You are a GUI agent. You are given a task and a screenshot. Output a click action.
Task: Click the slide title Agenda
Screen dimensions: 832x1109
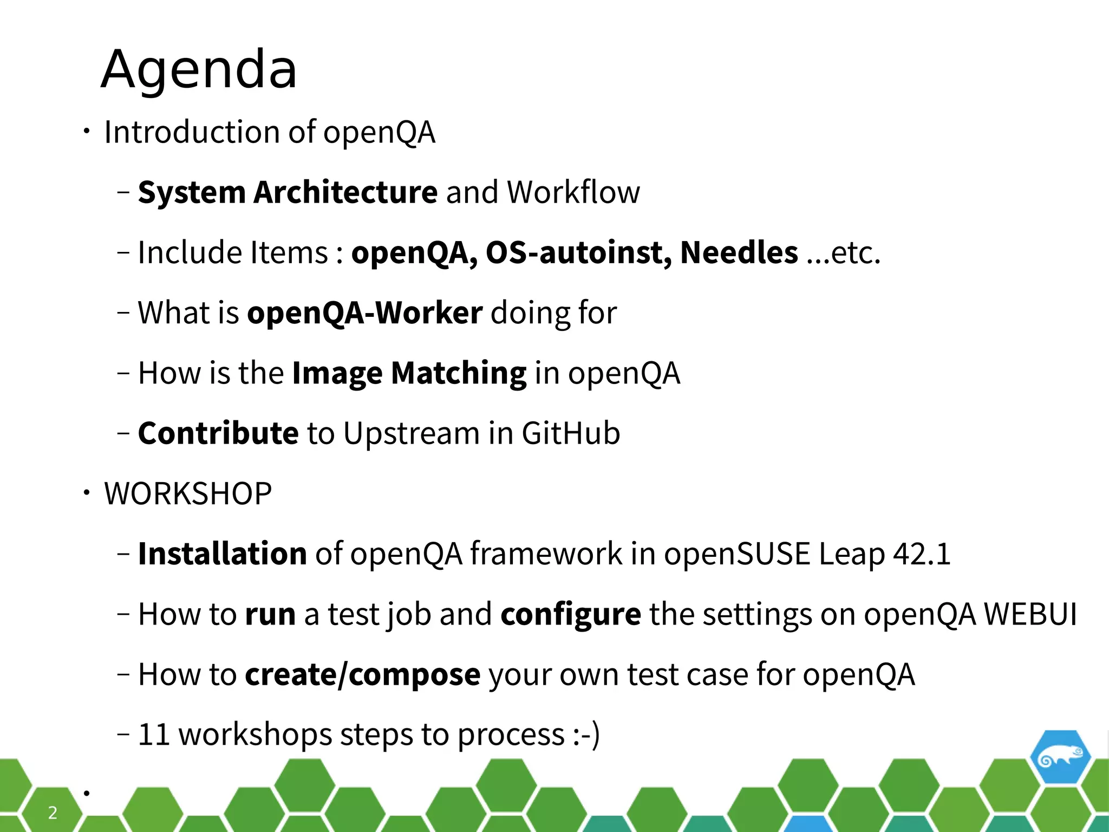pyautogui.click(x=199, y=69)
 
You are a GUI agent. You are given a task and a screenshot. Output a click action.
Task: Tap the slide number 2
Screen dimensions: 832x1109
pyautogui.click(x=53, y=812)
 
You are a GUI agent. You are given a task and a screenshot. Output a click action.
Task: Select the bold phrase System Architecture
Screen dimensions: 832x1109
pyautogui.click(x=288, y=192)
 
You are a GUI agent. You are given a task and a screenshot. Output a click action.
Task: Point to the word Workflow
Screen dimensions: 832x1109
pyautogui.click(x=573, y=192)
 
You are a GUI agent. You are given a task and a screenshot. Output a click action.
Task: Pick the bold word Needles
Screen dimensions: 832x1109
pyautogui.click(x=739, y=252)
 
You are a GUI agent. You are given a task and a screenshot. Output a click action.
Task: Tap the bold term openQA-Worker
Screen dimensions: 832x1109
pyautogui.click(x=364, y=313)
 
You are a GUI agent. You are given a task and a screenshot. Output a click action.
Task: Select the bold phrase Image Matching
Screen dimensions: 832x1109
pyautogui.click(x=409, y=373)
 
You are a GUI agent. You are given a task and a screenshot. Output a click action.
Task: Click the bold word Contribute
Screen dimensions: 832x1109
pyautogui.click(x=218, y=433)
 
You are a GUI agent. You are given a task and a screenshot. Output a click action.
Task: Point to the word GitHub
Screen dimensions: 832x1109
pyautogui.click(x=571, y=433)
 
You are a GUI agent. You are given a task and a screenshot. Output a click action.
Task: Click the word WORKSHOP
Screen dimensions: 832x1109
pyautogui.click(x=188, y=493)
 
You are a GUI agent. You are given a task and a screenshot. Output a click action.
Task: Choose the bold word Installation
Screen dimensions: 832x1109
pyautogui.click(x=223, y=554)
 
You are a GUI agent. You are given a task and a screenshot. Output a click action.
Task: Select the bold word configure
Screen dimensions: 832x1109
pyautogui.click(x=571, y=614)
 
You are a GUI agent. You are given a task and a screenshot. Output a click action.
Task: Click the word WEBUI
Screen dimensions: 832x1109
pyautogui.click(x=1030, y=614)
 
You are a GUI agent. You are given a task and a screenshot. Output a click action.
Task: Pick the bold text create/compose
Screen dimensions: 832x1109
pyautogui.click(x=362, y=674)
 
